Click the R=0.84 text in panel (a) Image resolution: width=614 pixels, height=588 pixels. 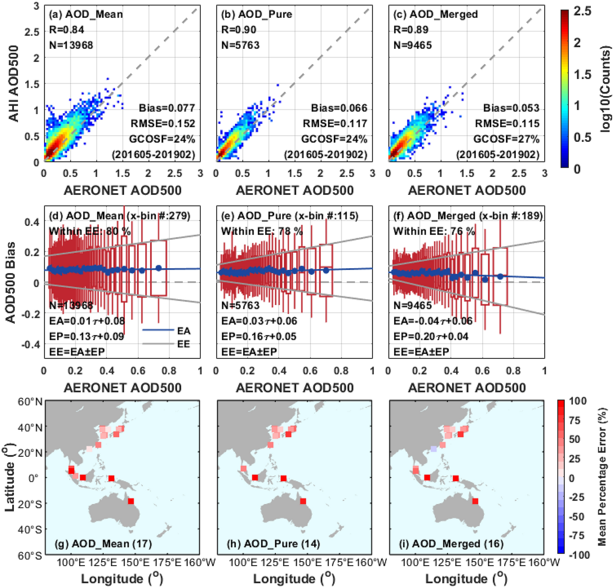tap(67, 30)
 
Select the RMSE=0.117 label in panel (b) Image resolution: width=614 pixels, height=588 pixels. tap(335, 123)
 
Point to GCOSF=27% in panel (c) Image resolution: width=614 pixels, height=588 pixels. tap(506, 139)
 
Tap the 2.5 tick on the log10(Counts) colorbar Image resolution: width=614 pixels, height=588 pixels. tap(582, 11)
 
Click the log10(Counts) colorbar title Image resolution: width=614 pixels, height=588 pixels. tap(605, 89)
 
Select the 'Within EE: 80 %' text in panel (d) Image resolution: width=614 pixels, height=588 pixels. tap(90, 231)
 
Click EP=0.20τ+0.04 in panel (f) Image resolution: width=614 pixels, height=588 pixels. tap(431, 336)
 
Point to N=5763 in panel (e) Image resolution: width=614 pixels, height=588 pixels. tap(240, 305)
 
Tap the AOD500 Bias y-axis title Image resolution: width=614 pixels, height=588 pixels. tap(11, 282)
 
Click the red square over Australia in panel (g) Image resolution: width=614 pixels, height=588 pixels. tap(131, 501)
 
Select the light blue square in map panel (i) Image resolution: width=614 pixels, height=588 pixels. tap(434, 449)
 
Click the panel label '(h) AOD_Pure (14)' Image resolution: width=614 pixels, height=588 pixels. tap(273, 544)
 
